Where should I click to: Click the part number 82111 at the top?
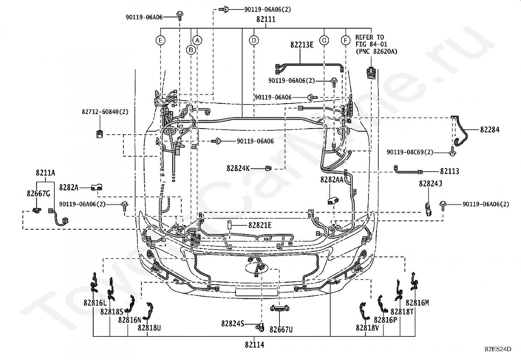point(266,19)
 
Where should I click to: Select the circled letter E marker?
point(160,41)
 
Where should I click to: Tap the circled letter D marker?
point(254,41)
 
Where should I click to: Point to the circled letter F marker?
point(345,41)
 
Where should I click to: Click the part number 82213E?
point(302,45)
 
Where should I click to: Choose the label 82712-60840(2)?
point(105,112)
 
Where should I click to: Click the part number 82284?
point(490,130)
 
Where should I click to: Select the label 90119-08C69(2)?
point(410,152)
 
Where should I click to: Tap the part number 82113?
point(450,171)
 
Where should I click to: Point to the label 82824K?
point(238,168)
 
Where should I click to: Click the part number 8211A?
point(45,173)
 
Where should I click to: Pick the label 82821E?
point(260,225)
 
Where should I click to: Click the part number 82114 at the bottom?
point(255,345)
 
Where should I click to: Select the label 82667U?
point(281,330)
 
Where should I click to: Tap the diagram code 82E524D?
point(498,349)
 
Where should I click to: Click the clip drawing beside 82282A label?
point(97,187)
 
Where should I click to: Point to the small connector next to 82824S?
point(260,327)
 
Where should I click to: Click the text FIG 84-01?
point(371,44)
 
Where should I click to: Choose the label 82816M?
point(417,303)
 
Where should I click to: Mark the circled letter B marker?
point(191,50)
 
